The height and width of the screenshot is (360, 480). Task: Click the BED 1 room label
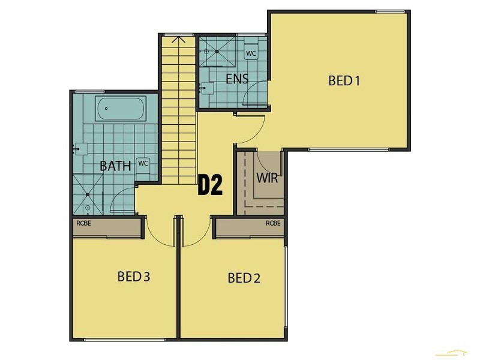point(344,80)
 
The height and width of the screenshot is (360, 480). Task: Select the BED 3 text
point(133,277)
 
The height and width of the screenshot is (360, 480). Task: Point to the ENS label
point(237,79)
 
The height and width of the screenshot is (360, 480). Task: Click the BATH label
point(115,166)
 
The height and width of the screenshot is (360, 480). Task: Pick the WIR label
point(266,178)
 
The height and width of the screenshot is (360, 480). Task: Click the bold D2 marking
point(211,185)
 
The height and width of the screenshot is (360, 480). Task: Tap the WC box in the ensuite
point(251,53)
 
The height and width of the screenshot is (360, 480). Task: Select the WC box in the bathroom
point(143,163)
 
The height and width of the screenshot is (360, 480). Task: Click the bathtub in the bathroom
point(121,109)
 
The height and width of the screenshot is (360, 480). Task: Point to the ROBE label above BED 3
point(83,223)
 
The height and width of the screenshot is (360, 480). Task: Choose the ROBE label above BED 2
point(273,223)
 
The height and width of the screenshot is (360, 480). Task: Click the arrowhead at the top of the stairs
point(179,40)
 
